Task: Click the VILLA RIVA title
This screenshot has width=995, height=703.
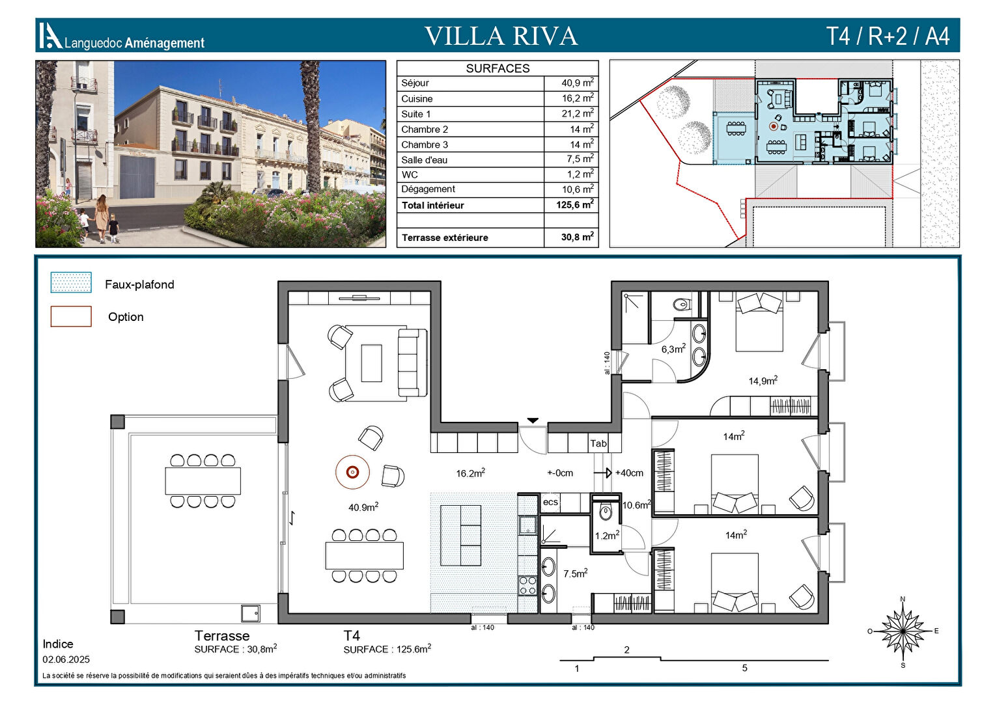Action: coord(501,36)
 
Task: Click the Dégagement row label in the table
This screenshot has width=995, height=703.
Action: coord(428,189)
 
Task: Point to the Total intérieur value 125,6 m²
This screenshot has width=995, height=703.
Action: coord(575,205)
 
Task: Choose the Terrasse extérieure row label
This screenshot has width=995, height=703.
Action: coord(445,238)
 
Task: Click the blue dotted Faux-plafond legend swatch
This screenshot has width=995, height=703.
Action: coord(71,283)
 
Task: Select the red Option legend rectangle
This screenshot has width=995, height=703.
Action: coord(71,316)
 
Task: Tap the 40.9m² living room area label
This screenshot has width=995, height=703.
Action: coord(363,506)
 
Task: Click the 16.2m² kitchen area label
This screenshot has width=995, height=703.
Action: coord(470,473)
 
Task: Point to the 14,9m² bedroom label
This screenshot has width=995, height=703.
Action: coord(763,381)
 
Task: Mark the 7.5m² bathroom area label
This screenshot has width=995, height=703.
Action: coord(575,573)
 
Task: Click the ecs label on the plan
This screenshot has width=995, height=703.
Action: coord(550,502)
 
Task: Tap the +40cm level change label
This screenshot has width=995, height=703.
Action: coord(629,473)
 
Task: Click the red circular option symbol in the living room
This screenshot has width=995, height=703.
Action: coord(352,472)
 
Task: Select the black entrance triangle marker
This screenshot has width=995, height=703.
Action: coord(533,420)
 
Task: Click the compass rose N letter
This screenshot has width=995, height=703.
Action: coord(903,599)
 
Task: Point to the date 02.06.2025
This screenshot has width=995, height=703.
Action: coord(66,659)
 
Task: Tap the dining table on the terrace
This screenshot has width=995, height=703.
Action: coord(203,481)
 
